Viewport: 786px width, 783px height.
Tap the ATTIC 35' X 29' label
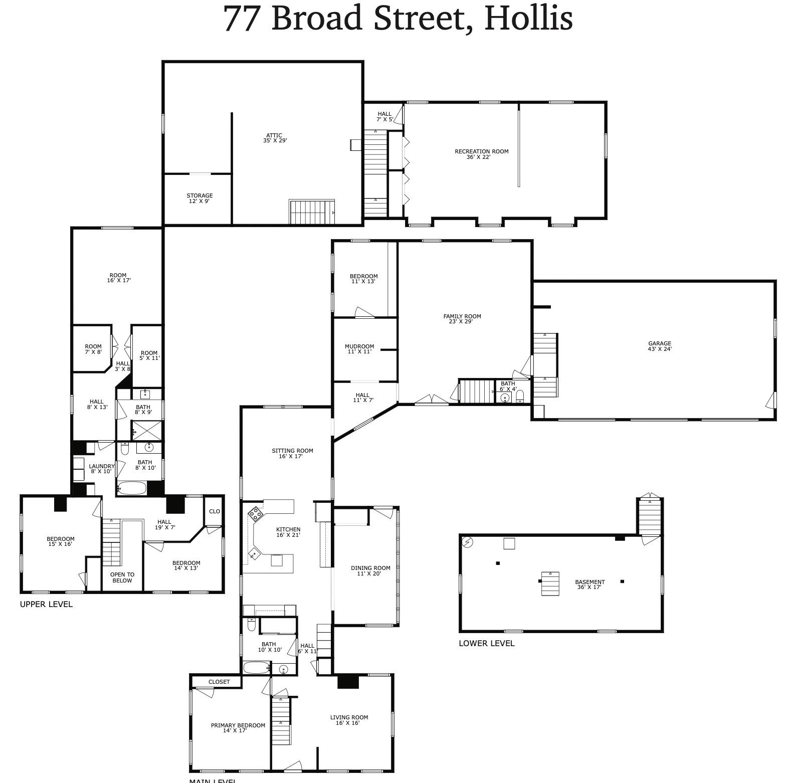[x=275, y=138]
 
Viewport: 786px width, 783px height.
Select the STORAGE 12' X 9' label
[x=200, y=199]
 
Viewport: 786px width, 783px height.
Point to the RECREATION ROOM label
[x=481, y=154]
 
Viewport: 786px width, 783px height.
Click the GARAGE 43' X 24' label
[x=659, y=346]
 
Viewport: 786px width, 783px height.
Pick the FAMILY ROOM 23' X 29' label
[x=462, y=319]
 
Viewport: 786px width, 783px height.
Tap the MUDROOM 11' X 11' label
[x=359, y=349]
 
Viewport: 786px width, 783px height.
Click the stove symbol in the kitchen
[x=256, y=513]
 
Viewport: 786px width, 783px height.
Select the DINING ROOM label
[x=370, y=570]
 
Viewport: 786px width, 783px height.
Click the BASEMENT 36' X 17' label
[x=589, y=584]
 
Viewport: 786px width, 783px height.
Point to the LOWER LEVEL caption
[x=486, y=644]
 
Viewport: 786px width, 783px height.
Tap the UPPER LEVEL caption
[x=46, y=605]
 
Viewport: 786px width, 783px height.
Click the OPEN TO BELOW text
[x=122, y=577]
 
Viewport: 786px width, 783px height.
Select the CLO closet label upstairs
[x=214, y=511]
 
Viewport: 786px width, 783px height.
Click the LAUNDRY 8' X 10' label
[x=101, y=469]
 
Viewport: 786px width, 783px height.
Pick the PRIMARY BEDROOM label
[x=238, y=728]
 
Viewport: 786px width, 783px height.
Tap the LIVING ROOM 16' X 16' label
[x=349, y=720]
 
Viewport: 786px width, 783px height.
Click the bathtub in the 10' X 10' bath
[x=256, y=668]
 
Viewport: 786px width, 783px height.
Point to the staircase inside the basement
[x=550, y=583]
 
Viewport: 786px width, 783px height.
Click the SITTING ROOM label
[x=292, y=453]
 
